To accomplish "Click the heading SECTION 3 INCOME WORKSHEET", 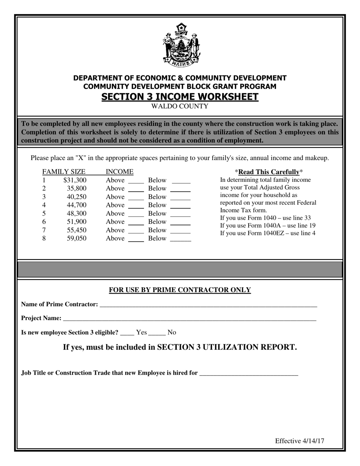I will point(180,97).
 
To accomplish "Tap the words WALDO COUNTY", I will point(180,106).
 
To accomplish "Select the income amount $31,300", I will point(75,180).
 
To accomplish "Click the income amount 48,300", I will point(77,213).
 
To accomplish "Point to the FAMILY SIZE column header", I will point(64,172).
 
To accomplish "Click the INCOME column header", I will point(119,172).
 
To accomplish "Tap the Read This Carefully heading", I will point(269,172).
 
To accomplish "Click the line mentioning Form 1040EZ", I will point(268,233).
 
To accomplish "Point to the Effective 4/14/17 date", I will point(299,441).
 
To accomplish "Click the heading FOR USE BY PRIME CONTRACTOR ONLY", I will point(180,290).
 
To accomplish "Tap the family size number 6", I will point(44,222).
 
